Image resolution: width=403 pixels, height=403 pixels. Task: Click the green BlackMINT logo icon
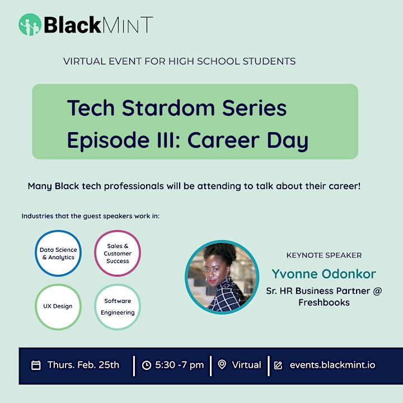[30, 25]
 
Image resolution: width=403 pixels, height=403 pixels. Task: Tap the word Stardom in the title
[168, 108]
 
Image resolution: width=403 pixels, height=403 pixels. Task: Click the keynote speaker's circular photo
[222, 277]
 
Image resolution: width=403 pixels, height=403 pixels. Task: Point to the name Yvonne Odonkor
[324, 274]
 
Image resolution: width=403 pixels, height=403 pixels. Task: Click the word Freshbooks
[324, 302]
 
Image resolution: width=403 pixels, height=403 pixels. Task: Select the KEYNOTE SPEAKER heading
[324, 255]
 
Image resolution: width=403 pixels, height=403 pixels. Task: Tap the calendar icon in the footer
[36, 365]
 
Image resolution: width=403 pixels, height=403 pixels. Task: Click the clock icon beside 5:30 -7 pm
[147, 365]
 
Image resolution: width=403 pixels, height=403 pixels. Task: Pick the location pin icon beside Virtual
[222, 364]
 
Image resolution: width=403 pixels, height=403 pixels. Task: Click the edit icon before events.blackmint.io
[278, 365]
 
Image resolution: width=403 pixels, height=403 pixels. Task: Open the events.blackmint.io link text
[332, 365]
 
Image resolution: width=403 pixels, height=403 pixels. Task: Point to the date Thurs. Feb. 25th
[83, 365]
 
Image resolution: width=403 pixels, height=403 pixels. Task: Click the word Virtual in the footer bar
[246, 365]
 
